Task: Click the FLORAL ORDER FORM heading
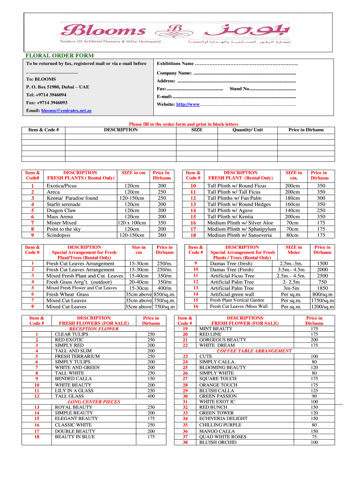[x=59, y=56]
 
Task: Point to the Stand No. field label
[x=239, y=88]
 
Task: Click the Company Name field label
[x=174, y=73]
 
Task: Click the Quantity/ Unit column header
[x=247, y=130]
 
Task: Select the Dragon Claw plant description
[x=61, y=210]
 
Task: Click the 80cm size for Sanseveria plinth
[x=292, y=235]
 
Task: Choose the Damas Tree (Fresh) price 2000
[x=322, y=269]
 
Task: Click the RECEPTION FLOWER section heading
[x=93, y=328]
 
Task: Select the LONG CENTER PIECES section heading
[x=94, y=401]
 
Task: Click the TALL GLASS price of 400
[x=151, y=396]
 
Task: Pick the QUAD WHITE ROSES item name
[x=223, y=436]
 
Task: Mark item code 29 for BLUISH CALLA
[x=185, y=390]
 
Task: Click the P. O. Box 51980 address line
[x=58, y=87]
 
